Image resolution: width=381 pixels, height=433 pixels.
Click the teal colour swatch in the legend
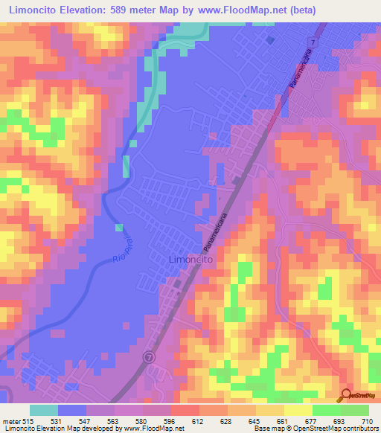pos(44,411)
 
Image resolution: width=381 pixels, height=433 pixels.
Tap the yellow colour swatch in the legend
pos(298,411)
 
